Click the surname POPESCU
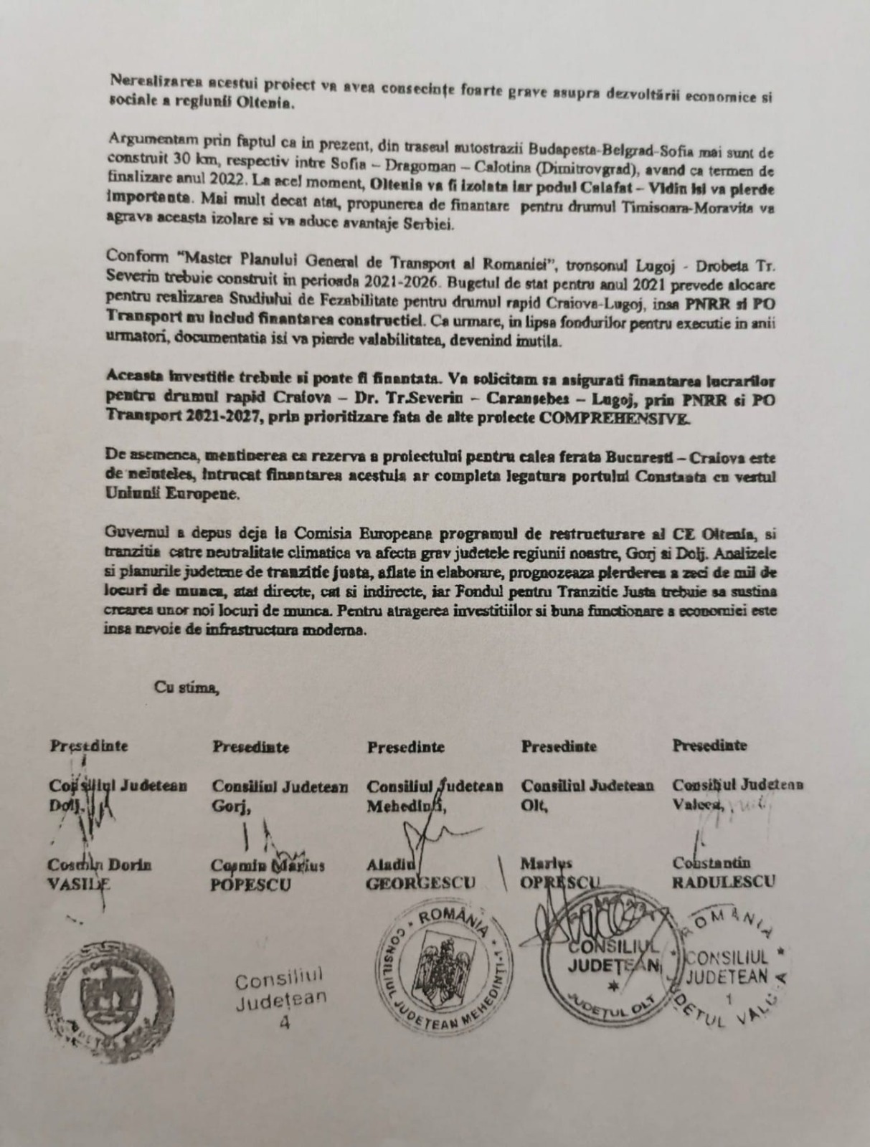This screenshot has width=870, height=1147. (x=251, y=885)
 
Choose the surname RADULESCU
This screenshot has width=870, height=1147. (x=723, y=882)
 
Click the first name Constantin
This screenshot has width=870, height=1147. (x=711, y=863)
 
